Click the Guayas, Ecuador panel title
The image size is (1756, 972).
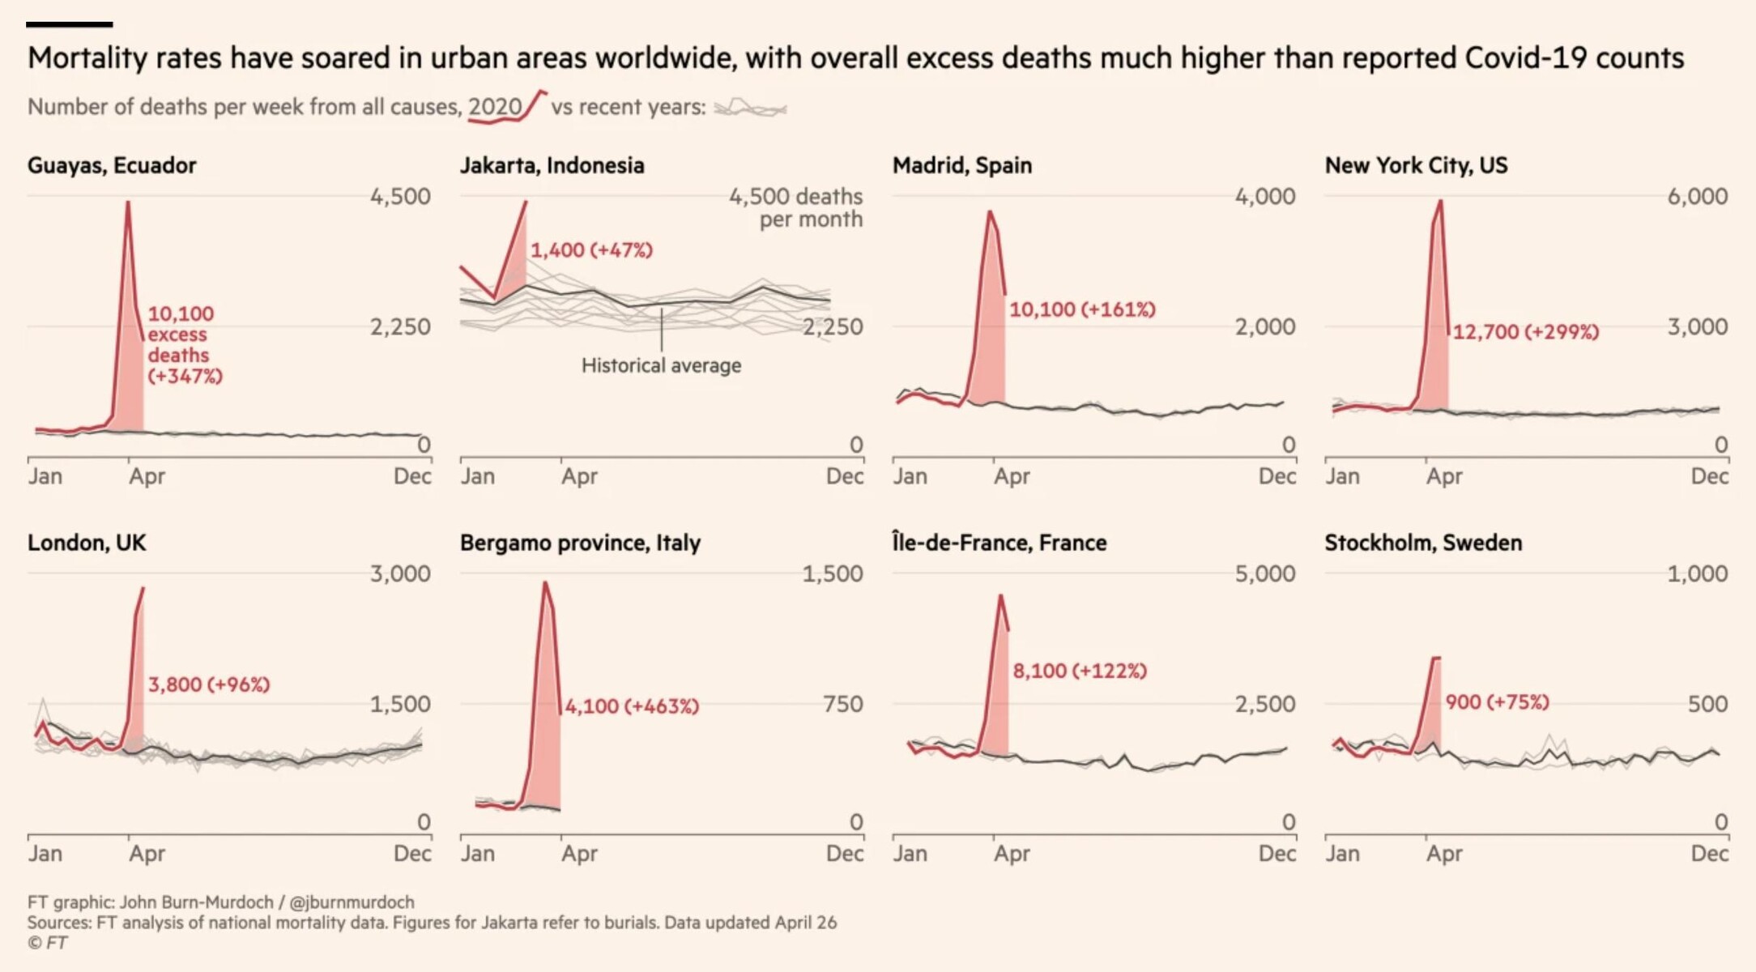pos(112,165)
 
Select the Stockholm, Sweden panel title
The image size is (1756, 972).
pos(1423,543)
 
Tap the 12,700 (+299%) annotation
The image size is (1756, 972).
pos(1525,332)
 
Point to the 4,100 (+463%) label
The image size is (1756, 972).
pos(631,706)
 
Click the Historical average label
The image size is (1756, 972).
pos(661,366)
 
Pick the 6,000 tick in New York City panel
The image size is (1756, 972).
pos(1697,196)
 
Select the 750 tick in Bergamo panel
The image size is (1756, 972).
pos(842,704)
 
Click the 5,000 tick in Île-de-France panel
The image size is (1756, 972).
pos(1264,573)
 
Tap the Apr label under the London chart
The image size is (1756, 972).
pos(147,854)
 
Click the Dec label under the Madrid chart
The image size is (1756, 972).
pos(1277,476)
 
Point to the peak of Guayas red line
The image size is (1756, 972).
pos(128,202)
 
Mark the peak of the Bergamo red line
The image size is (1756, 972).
pos(545,582)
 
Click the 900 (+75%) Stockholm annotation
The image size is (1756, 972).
pos(1497,702)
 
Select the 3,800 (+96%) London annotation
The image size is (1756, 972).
pos(208,684)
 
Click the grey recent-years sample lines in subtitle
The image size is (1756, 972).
pos(750,108)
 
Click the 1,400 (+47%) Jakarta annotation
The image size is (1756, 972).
pos(591,250)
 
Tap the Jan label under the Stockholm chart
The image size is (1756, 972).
pos(1342,854)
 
